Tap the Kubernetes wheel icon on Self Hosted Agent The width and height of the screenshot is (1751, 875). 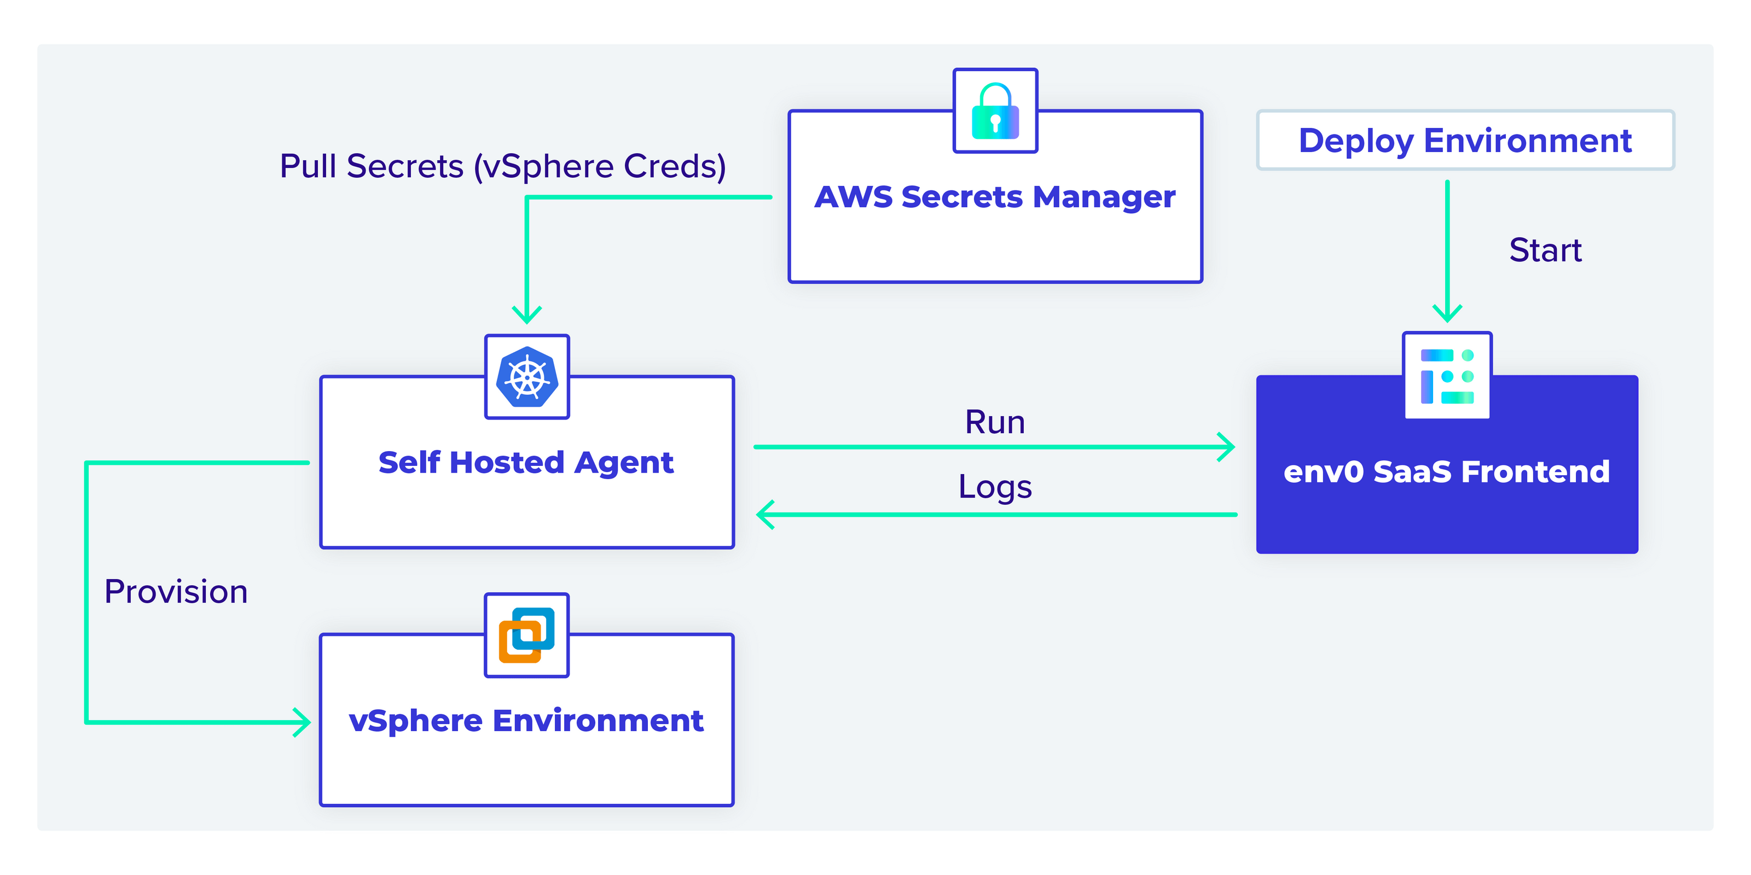tap(527, 377)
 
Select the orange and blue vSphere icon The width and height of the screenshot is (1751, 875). tap(527, 635)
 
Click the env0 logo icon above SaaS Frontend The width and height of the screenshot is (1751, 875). tap(1447, 376)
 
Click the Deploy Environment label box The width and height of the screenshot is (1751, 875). tap(1465, 141)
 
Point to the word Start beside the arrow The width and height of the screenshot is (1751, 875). tap(1545, 250)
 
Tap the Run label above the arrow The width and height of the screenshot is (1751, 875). tap(994, 422)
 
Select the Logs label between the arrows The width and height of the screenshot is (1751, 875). tap(994, 486)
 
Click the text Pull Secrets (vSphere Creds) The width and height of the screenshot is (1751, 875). tap(503, 166)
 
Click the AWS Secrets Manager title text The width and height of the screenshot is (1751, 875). tap(995, 197)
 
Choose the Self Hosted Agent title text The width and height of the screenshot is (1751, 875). tap(526, 463)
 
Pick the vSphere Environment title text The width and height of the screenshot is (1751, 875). tap(526, 721)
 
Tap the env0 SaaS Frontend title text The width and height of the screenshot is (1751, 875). tap(1446, 471)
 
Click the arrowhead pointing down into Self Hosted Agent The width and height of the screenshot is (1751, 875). tap(527, 315)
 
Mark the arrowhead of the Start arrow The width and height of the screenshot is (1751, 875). tap(1447, 314)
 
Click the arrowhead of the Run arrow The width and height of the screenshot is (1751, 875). tap(1227, 447)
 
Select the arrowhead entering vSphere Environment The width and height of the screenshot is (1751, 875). tap(303, 722)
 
